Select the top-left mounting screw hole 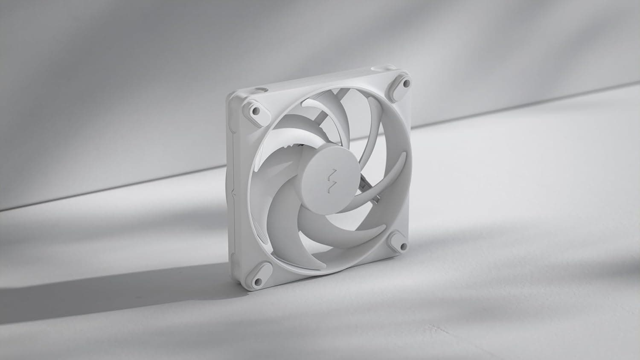(x=256, y=110)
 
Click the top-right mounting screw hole (x=405, y=82)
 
